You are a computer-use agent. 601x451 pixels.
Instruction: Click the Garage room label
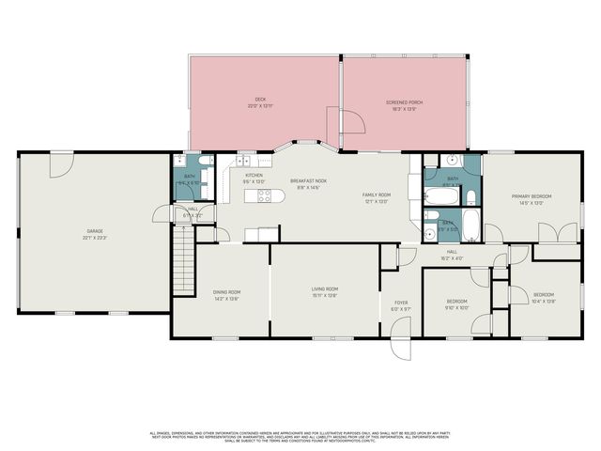pyautogui.click(x=95, y=233)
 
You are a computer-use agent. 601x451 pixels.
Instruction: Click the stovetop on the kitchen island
pyautogui.click(x=265, y=196)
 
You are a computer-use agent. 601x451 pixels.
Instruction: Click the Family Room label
pyautogui.click(x=377, y=198)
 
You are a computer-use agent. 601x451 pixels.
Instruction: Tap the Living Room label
pyautogui.click(x=325, y=291)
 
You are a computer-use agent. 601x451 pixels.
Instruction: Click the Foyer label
pyautogui.click(x=401, y=304)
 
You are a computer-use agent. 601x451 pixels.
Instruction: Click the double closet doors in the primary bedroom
pyautogui.click(x=553, y=231)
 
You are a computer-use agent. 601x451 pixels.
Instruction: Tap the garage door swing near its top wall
pyautogui.click(x=61, y=163)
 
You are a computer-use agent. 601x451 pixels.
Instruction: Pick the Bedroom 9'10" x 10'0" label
pyautogui.click(x=456, y=304)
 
